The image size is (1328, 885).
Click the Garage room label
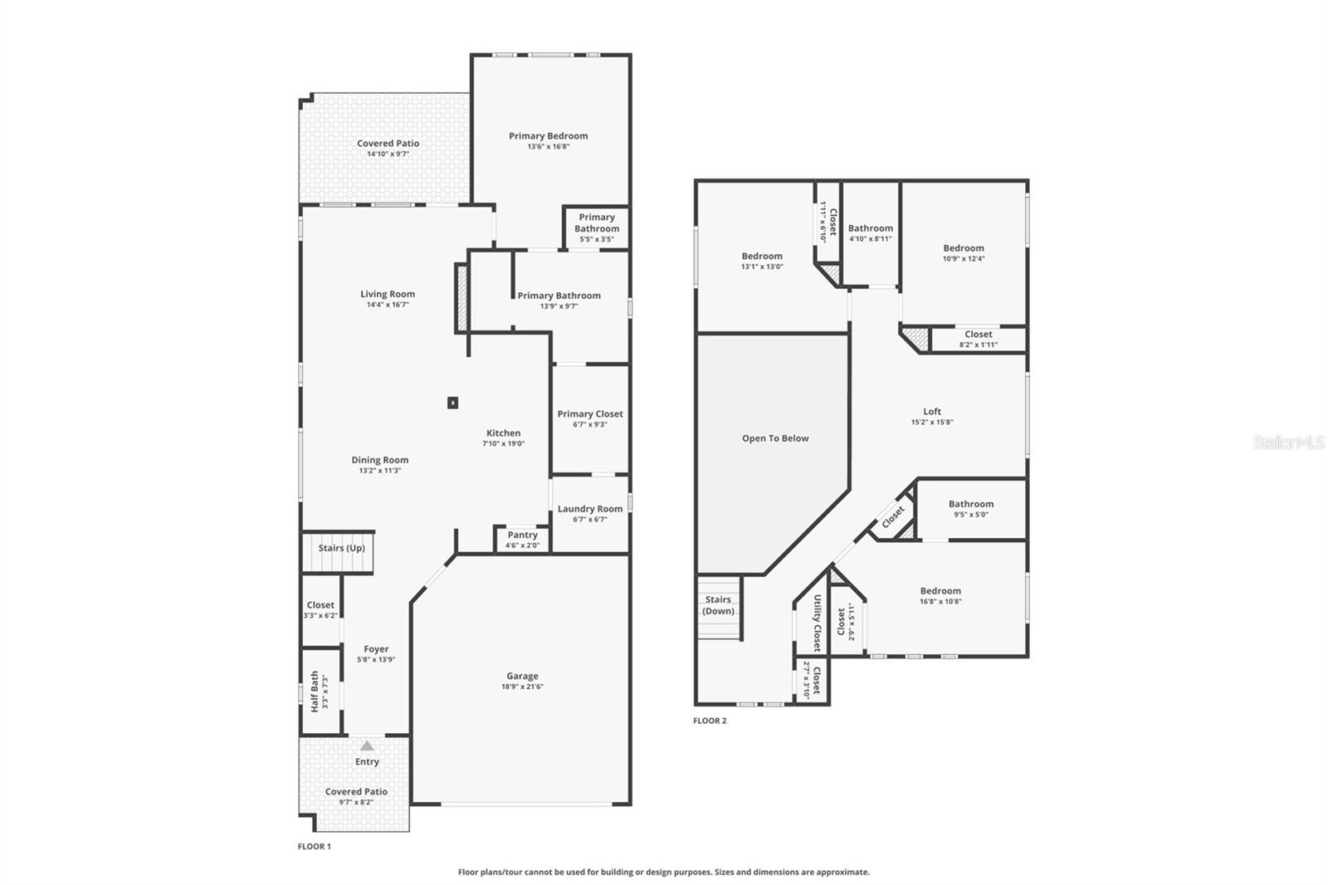coord(522,676)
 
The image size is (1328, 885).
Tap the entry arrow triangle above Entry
coord(367,746)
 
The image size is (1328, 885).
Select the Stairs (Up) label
coord(341,548)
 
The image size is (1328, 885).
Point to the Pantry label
coord(522,535)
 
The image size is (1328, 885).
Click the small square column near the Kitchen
coord(452,403)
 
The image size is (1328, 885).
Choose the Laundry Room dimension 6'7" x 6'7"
coord(589,520)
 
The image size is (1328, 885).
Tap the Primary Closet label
coord(589,413)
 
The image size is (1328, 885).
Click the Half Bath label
coord(315,692)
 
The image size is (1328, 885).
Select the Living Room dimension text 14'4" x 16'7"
coord(388,305)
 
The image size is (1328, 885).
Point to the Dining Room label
coord(379,459)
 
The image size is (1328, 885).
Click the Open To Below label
coord(775,438)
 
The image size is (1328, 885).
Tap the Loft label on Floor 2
coord(932,411)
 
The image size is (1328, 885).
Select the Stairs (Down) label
coord(718,605)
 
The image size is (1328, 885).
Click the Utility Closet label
coord(818,623)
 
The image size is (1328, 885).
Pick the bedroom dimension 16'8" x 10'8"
coord(940,602)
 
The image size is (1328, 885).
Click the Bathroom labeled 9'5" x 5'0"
coord(970,504)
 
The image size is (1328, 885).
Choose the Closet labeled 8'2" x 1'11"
coord(978,335)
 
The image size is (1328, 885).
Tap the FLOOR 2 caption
coord(710,721)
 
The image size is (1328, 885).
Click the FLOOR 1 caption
coord(315,847)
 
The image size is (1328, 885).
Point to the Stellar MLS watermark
coord(1288,442)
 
